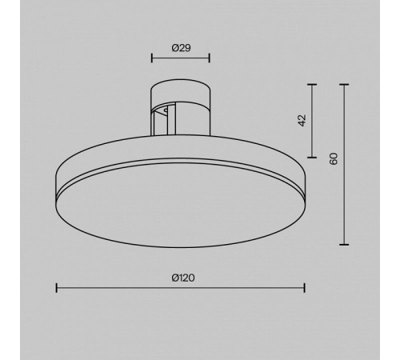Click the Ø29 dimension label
tap(181, 48)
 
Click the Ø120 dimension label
tap(183, 278)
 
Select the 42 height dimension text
tap(302, 121)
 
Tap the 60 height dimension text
tap(334, 158)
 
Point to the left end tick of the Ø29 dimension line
tap(152, 58)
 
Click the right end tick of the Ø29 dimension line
tap(210, 58)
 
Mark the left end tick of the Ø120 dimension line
tap(57, 288)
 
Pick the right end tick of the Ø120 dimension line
tap(305, 288)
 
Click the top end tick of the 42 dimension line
tap(312, 85)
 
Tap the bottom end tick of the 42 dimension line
tap(312, 158)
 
